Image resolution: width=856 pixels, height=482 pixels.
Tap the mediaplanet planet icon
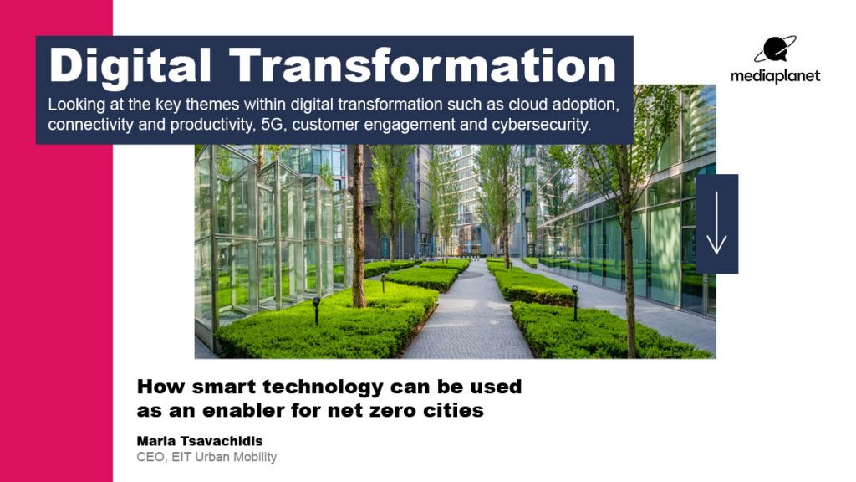[x=775, y=50]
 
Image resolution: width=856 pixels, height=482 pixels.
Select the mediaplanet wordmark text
[x=775, y=76]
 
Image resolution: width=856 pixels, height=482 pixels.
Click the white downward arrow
[x=716, y=224]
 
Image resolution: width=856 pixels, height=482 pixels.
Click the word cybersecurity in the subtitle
[x=544, y=126]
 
